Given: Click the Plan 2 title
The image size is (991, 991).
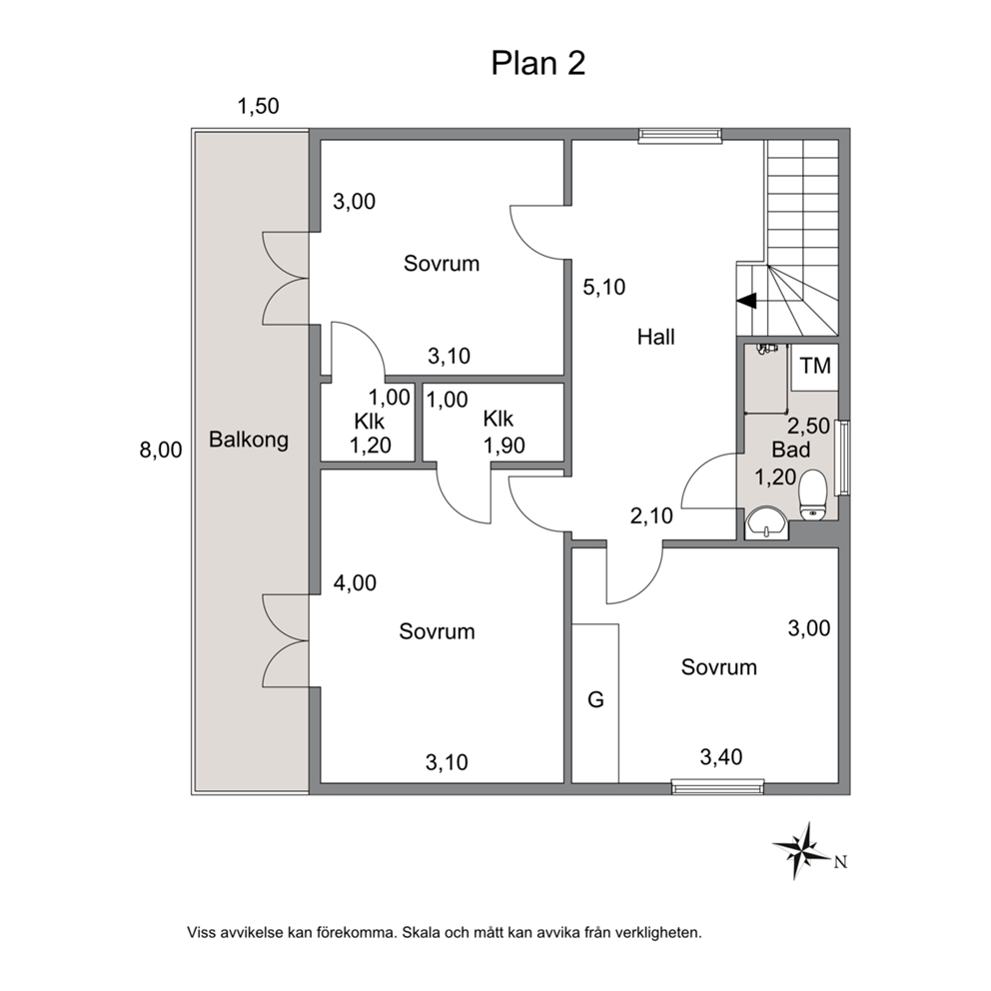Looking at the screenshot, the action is [538, 63].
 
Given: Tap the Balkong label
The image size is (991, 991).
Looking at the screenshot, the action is [249, 440].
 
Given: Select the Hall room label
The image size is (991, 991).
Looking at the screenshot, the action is [656, 337].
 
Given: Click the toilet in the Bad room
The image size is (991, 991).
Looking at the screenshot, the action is [813, 495].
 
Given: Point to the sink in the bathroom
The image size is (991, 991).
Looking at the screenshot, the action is [766, 523].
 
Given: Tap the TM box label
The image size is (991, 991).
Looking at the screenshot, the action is [815, 366].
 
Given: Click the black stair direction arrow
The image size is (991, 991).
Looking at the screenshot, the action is [746, 301].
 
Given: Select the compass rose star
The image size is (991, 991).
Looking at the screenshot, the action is [801, 851].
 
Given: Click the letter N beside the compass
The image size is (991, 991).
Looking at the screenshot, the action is [840, 862].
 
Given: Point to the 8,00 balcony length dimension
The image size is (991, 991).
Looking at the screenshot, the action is [161, 450].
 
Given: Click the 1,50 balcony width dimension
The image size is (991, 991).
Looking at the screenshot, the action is [258, 106].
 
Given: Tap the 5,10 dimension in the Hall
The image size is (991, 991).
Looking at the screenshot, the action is [604, 287].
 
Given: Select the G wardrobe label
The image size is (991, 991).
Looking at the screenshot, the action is [596, 699].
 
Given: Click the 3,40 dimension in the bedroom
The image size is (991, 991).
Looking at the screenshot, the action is [721, 756].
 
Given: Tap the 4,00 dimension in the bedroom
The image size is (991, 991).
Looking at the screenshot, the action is [355, 582].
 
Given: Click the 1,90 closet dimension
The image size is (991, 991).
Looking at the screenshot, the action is [504, 446].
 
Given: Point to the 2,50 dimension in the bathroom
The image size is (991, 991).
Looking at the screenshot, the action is [808, 426].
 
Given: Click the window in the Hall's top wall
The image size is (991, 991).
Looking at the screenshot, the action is [679, 134].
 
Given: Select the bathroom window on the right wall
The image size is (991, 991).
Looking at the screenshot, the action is [842, 458].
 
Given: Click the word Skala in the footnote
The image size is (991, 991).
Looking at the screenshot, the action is [420, 932].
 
